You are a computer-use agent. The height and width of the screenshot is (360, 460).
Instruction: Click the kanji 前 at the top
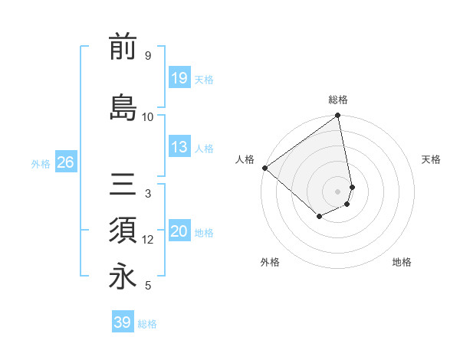[123, 47]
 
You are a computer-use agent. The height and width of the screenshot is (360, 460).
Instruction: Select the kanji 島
[123, 107]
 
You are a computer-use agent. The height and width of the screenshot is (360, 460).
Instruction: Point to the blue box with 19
[179, 78]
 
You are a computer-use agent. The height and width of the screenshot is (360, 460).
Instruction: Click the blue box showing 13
[179, 148]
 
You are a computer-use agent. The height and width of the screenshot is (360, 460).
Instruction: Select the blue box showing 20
[179, 232]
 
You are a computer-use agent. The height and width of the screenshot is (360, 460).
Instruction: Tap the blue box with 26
[65, 162]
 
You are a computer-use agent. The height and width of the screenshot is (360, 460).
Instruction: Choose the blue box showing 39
[122, 322]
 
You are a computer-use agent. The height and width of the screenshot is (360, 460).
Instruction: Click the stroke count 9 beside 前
[147, 56]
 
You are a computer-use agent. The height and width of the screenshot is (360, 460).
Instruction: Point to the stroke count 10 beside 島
[148, 116]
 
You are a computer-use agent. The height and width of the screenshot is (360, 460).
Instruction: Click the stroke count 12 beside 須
[148, 240]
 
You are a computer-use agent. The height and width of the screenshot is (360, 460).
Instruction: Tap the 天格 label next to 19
[204, 80]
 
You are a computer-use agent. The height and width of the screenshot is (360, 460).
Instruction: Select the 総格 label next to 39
[147, 324]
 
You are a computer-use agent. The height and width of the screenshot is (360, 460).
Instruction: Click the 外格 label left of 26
[41, 163]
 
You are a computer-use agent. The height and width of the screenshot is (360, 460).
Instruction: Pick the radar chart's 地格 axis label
[402, 262]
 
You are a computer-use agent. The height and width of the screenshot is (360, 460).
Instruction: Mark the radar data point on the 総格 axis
[338, 116]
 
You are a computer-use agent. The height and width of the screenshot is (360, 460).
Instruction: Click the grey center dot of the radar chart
[338, 191]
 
